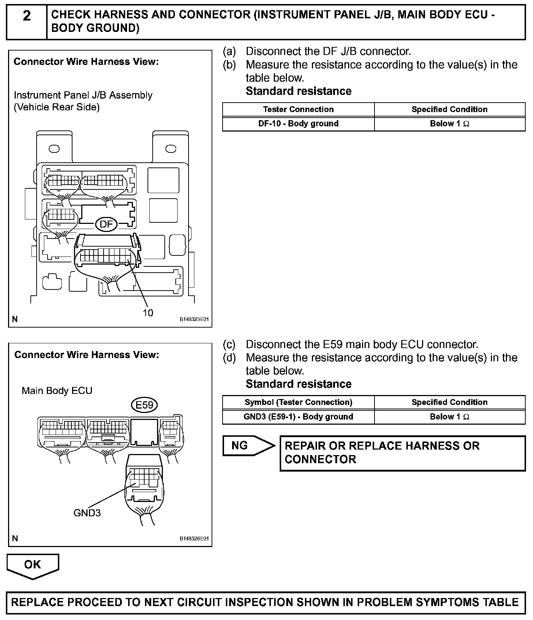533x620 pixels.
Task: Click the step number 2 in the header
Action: (x=27, y=16)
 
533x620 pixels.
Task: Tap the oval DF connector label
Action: (x=106, y=224)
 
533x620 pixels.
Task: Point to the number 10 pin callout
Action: (x=148, y=313)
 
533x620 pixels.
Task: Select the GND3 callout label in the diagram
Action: (x=87, y=513)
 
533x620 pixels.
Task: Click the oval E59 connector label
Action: (x=144, y=405)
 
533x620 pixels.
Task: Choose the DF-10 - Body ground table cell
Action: (x=298, y=123)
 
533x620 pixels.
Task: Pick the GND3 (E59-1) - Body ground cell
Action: (x=298, y=417)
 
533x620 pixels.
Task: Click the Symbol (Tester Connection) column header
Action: (x=298, y=402)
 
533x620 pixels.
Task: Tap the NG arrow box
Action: (x=248, y=446)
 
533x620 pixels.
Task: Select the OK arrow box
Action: (x=33, y=565)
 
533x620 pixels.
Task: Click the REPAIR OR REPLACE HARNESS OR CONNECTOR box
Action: (x=402, y=453)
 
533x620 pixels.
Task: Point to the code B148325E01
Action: (x=194, y=319)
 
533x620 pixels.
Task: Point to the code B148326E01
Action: (x=194, y=539)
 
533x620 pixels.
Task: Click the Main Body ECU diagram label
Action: (x=57, y=391)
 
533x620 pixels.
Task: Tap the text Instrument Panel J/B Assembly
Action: (x=83, y=95)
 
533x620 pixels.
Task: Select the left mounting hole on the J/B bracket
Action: (x=54, y=148)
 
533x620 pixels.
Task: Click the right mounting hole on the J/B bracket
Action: (x=171, y=148)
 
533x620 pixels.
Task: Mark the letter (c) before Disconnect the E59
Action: (x=229, y=344)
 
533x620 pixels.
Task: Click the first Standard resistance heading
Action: (x=298, y=91)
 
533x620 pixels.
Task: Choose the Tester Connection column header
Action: (x=298, y=109)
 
